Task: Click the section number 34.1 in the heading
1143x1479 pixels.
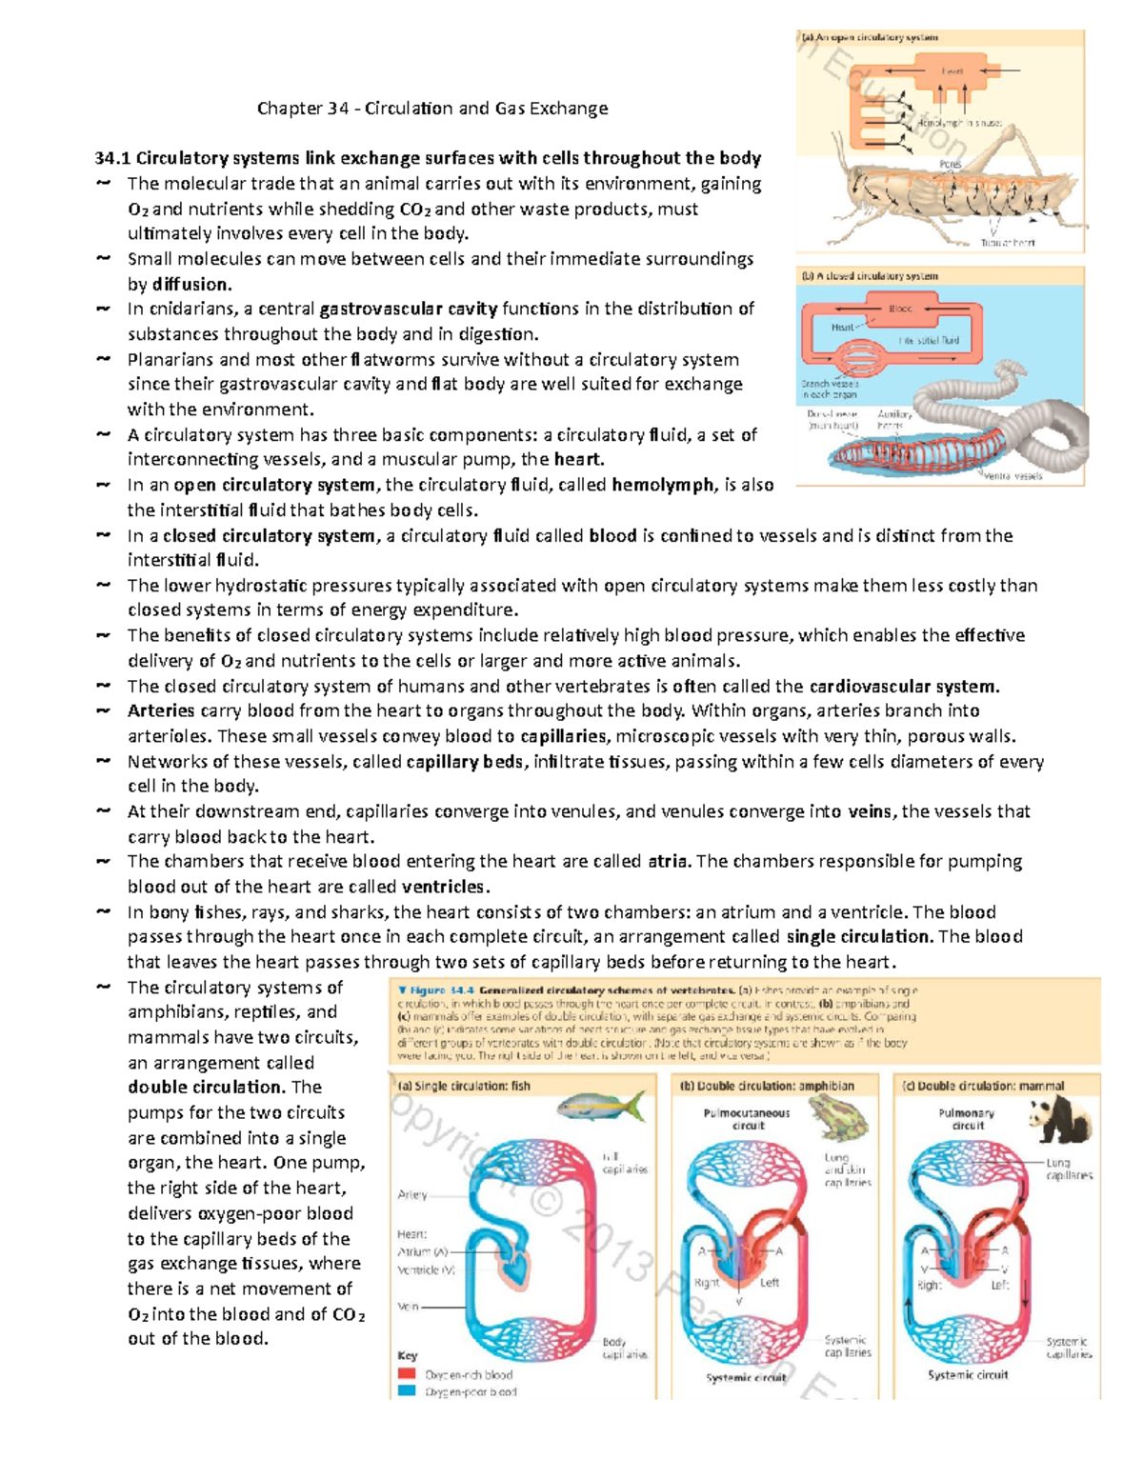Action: (113, 159)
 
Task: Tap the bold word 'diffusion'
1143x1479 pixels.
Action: (190, 284)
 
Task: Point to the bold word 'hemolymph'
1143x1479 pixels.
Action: (664, 485)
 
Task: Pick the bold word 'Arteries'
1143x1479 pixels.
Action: (161, 711)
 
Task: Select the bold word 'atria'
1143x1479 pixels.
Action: (668, 862)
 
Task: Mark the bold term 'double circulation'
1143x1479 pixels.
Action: (205, 1088)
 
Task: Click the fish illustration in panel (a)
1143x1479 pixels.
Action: (600, 1107)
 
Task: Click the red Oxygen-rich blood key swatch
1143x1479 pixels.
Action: (407, 1374)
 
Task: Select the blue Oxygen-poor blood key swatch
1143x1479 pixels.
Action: (407, 1391)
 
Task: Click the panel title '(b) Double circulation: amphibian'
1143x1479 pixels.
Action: (767, 1086)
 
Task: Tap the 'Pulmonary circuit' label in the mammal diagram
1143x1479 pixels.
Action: (967, 1119)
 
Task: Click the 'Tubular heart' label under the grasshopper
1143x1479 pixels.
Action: (1007, 243)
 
